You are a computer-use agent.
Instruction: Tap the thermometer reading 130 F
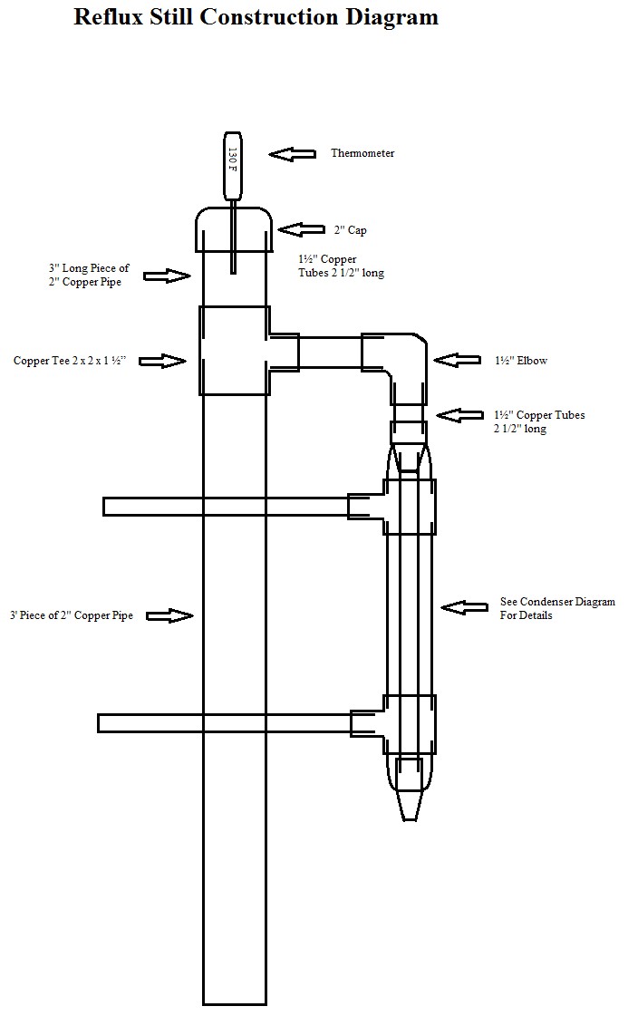233,166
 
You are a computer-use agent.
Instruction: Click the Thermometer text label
362,153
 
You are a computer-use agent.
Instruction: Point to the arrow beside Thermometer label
293,153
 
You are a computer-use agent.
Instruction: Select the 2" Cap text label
350,230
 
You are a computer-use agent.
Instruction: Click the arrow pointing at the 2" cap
302,229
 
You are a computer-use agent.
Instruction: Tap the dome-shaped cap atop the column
234,229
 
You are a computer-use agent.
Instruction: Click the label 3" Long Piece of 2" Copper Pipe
89,275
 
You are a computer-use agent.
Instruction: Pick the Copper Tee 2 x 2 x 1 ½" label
70,360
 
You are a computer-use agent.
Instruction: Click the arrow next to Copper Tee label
163,361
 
